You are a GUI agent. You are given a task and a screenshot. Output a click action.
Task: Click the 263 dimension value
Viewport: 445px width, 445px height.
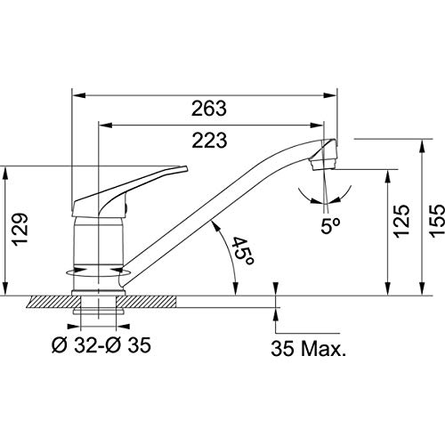pos(209,109)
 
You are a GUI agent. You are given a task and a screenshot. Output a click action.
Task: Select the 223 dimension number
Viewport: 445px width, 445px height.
pos(209,141)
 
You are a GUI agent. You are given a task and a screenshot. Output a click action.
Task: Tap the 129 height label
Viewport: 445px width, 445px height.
pos(20,229)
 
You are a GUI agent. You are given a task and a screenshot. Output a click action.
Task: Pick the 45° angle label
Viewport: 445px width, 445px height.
pos(243,251)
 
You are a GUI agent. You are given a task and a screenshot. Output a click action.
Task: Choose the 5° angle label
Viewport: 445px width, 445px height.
pos(330,226)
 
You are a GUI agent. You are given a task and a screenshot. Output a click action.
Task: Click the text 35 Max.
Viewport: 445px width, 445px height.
pos(309,348)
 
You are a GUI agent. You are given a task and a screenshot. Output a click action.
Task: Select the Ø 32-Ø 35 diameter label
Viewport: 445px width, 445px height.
pos(101,345)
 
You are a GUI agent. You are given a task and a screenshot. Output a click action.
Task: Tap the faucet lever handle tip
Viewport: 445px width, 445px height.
pos(186,168)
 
